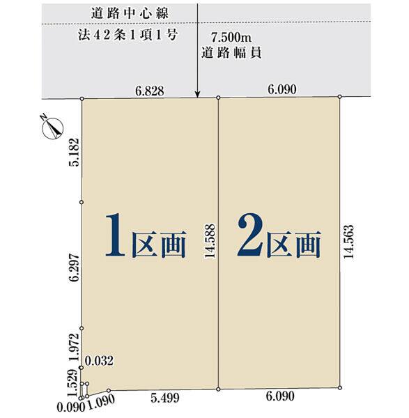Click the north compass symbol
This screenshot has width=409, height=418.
pos(52,128)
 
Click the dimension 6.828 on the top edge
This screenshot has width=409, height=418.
pos(150,91)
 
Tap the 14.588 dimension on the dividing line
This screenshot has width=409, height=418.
pos(210,241)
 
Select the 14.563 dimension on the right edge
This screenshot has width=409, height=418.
pos(348,242)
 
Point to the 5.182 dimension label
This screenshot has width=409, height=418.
pos(74,152)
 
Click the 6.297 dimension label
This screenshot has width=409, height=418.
pos(74,268)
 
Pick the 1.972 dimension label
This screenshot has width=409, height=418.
pos(74,347)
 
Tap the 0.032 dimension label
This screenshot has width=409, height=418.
pos(99,361)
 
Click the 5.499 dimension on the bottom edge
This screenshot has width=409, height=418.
pos(164,398)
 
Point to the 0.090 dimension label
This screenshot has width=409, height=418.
pos(71,408)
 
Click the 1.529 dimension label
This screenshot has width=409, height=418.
pos(72,383)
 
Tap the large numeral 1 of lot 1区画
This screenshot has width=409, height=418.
pos(116,235)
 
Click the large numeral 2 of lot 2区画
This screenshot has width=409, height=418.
pos(251,235)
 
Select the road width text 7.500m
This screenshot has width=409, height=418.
pos(231,38)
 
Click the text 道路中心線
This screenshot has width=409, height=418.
pos(130,13)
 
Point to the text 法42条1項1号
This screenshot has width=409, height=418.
pos(128,35)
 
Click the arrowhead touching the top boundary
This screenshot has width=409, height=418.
pos(197,95)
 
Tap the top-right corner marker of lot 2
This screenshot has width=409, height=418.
pos(340,96)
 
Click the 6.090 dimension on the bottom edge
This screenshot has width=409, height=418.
pos(280,396)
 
